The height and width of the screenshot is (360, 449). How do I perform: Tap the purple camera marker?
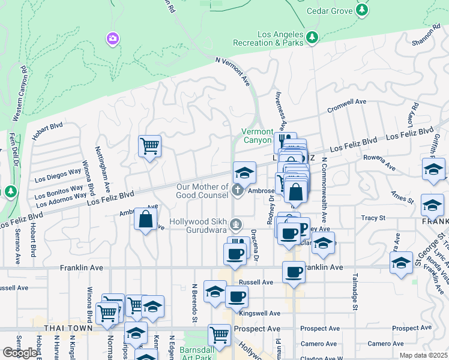tap(112, 39)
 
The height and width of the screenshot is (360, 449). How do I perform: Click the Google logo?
tap(20, 353)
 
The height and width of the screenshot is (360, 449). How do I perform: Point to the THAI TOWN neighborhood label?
tap(68, 329)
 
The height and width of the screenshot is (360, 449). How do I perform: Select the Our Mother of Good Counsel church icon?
tap(238, 191)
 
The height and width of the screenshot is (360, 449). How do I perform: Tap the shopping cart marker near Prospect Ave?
tap(219, 335)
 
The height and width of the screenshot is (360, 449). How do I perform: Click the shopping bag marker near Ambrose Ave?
tap(146, 219)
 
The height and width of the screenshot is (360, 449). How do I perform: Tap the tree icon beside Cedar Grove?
tap(362, 10)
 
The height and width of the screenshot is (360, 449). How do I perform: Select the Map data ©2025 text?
tap(423, 355)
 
